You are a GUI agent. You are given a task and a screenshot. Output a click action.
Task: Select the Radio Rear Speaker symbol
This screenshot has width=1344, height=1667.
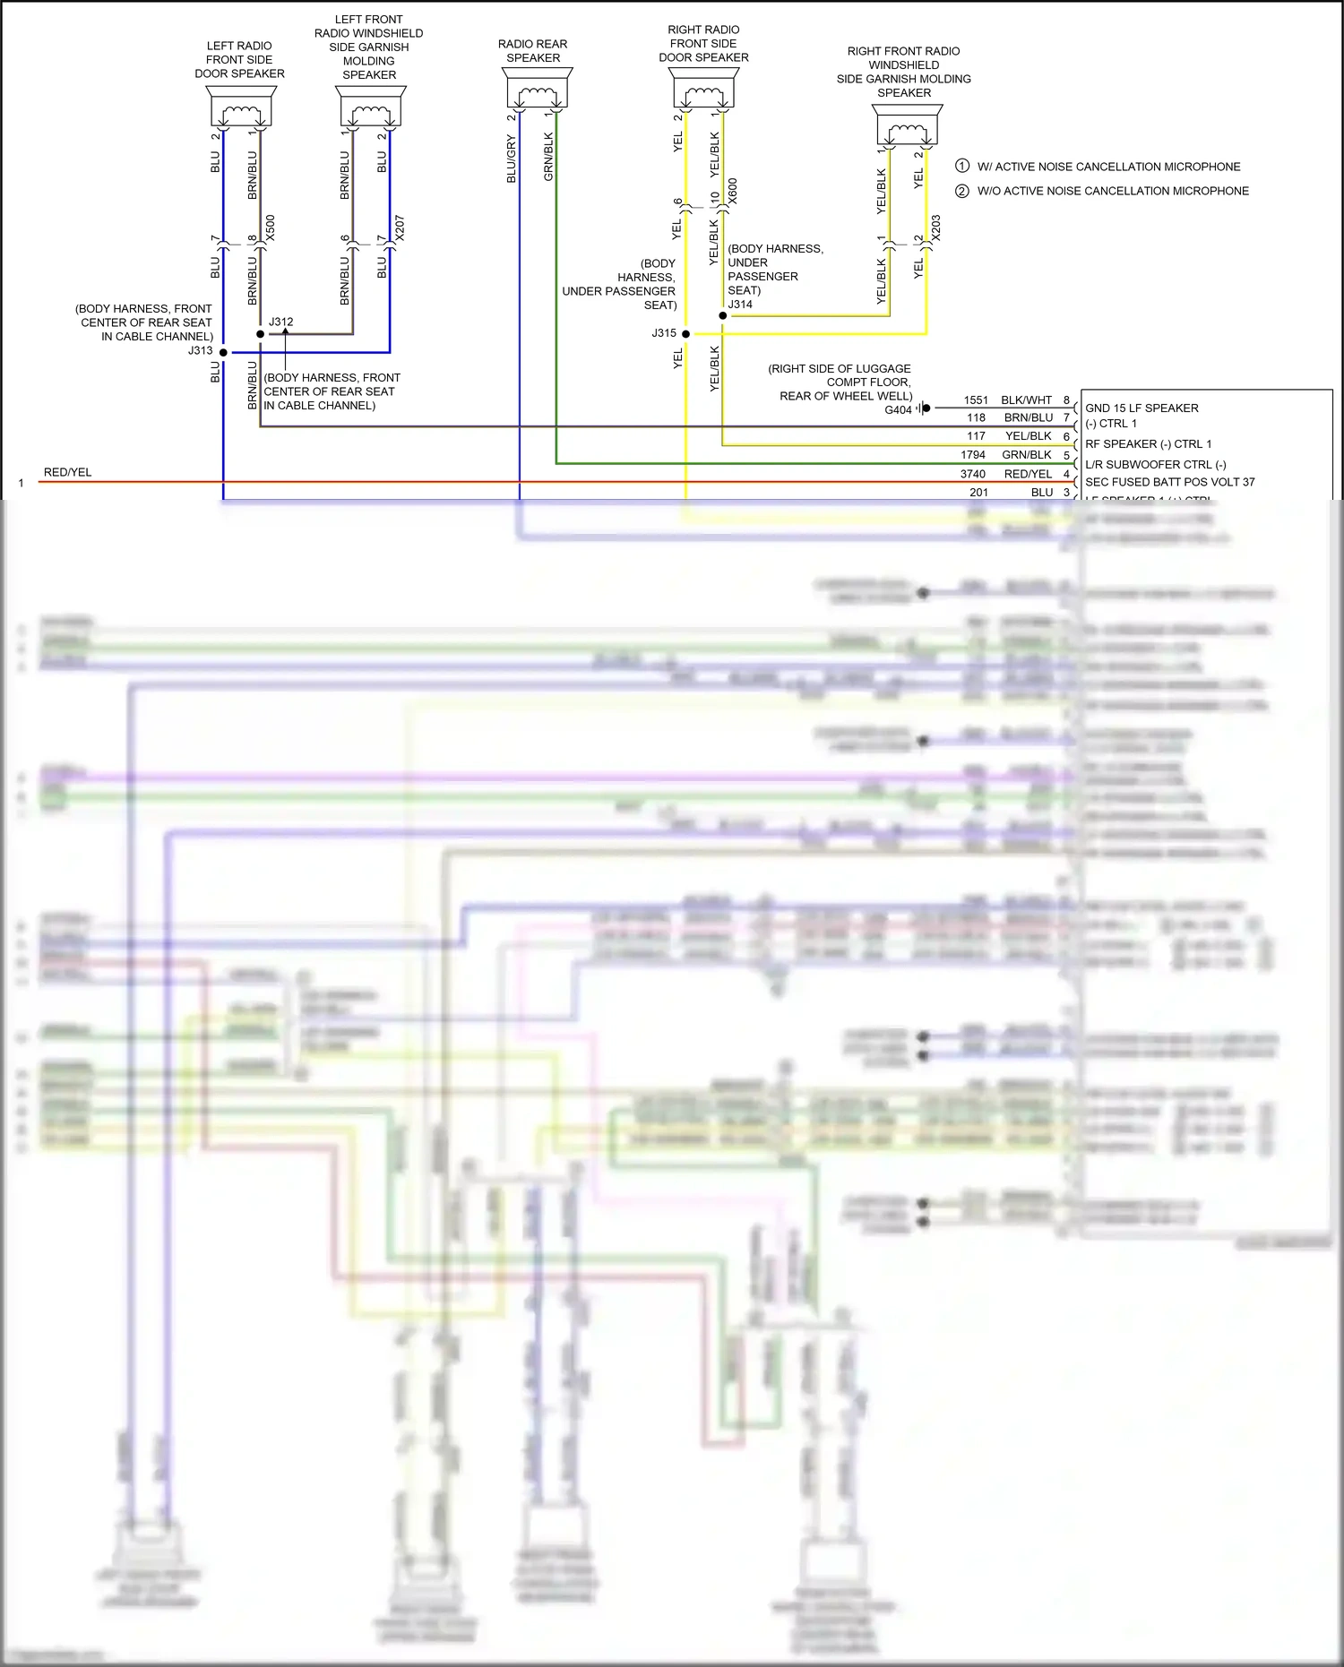pos(537,90)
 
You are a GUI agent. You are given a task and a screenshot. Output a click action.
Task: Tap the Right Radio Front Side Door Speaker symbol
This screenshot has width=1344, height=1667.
pos(704,90)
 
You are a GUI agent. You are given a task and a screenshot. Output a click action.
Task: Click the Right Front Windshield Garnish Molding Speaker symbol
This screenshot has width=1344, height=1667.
pos(907,126)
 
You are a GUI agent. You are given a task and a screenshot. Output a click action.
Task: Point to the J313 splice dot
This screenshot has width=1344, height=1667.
pos(223,352)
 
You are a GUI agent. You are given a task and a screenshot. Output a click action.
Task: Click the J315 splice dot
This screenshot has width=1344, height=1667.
pos(685,334)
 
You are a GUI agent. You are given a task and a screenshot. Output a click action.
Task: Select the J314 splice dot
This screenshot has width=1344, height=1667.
pos(723,315)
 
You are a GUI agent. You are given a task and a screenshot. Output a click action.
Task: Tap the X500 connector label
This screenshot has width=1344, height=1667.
pos(271,228)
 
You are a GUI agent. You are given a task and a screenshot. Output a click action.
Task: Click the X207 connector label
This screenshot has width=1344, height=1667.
pos(400,228)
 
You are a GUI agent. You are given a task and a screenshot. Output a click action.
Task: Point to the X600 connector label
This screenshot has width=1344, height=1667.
pos(733,191)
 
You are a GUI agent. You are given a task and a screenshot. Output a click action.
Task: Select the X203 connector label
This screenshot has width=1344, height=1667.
pos(936,228)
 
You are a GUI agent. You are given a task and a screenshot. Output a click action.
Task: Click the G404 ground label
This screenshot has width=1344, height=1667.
pos(898,410)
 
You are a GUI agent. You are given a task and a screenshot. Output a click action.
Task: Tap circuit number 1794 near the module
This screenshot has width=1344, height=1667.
pos(973,455)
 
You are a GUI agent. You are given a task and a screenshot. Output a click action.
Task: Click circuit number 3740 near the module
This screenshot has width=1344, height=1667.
pos(973,474)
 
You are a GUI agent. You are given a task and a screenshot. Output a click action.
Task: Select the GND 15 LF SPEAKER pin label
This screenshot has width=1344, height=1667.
pos(1142,408)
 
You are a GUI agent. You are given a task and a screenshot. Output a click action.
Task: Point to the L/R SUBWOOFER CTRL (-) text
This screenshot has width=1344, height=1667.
pos(1155,464)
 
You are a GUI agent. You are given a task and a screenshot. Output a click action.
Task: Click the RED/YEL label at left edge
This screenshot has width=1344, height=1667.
pos(68,472)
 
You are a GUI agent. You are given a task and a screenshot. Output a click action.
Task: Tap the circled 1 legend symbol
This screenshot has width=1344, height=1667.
pos(962,166)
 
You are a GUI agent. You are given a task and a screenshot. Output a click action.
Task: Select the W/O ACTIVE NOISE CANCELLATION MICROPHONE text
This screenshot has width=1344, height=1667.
pos(1113,191)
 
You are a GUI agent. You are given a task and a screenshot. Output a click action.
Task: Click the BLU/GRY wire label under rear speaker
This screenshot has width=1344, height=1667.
pos(512,159)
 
